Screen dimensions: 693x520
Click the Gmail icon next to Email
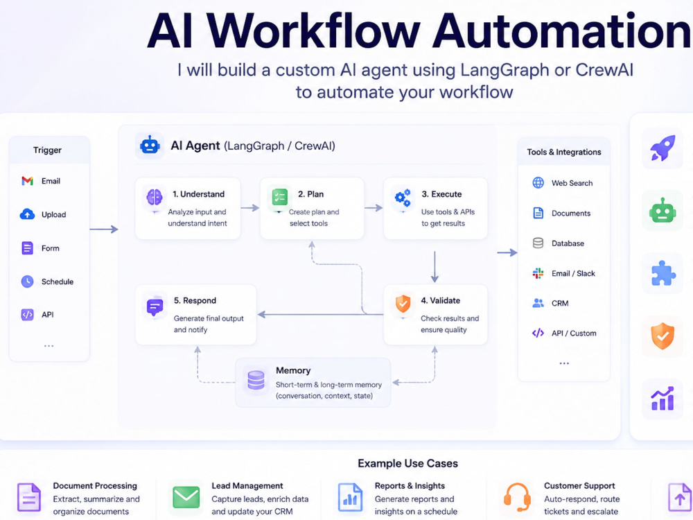pos(28,181)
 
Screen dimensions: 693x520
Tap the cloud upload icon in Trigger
pos(28,214)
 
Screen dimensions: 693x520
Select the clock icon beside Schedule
pos(28,281)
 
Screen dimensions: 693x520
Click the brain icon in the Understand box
pos(155,197)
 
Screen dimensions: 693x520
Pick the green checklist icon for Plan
pos(280,197)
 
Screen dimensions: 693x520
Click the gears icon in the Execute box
pos(403,197)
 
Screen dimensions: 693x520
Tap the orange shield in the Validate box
pos(403,304)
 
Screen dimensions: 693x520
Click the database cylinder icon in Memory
pos(256,380)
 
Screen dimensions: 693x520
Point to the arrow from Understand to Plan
pos(249,208)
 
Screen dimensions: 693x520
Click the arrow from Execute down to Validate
pos(435,267)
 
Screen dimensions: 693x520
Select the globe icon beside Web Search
pos(538,182)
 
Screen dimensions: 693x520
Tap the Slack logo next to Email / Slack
pos(538,273)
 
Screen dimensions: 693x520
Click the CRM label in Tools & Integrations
pos(560,304)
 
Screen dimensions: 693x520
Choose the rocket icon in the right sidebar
pos(663,148)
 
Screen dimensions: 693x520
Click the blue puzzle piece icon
pos(663,273)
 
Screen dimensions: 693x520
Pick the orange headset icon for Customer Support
pos(517,497)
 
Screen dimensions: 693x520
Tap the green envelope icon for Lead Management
pos(186,497)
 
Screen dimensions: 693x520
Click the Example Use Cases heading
pos(408,463)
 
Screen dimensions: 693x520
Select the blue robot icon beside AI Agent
pos(150,145)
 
